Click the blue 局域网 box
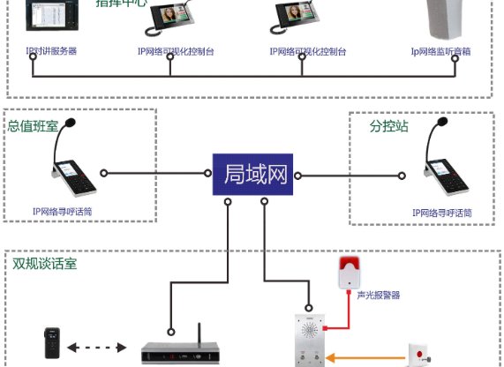(x=252, y=175)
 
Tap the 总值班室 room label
(x=33, y=126)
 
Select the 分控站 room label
(x=389, y=126)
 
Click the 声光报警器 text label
(x=379, y=296)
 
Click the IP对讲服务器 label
(x=51, y=51)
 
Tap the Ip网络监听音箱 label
(x=440, y=51)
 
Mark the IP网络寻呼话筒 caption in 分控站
(x=442, y=213)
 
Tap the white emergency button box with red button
(x=418, y=355)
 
